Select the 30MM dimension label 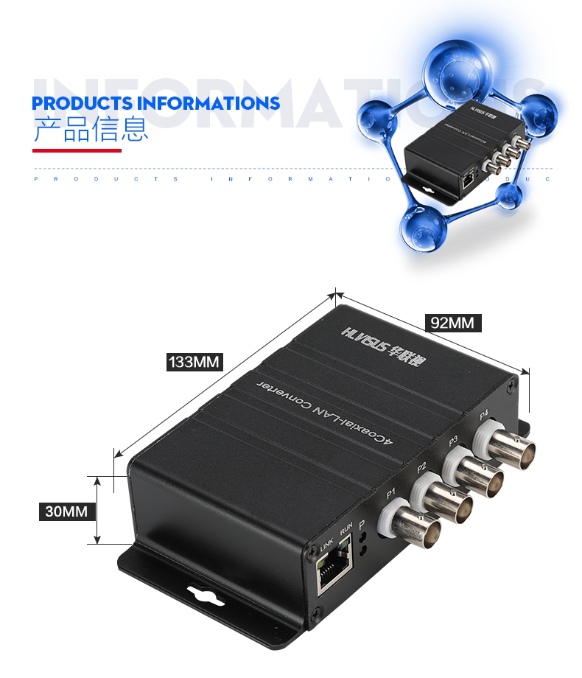tap(66, 511)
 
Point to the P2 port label tap(422, 466)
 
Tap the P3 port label tap(454, 441)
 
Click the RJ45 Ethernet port tap(334, 573)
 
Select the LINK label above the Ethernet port tap(326, 546)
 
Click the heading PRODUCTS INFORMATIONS tap(156, 102)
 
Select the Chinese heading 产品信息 tap(91, 128)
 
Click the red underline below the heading tap(77, 150)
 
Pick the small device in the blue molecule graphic tap(447, 151)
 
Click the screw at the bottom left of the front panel tap(316, 611)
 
